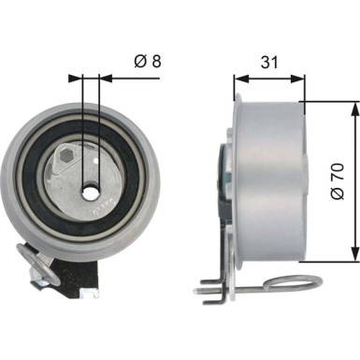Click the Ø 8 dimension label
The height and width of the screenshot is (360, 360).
(x=146, y=63)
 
